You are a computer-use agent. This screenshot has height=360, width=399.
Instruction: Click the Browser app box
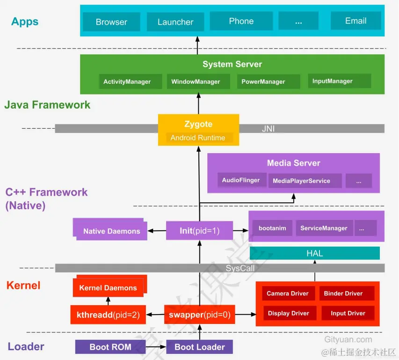pyautogui.click(x=111, y=22)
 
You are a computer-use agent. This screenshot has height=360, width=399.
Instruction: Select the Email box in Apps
pyautogui.click(x=355, y=21)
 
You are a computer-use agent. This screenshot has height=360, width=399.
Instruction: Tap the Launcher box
pyautogui.click(x=175, y=22)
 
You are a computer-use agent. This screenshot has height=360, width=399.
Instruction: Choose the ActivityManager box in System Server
pyautogui.click(x=127, y=81)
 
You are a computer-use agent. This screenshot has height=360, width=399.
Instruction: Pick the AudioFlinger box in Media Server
pyautogui.click(x=241, y=180)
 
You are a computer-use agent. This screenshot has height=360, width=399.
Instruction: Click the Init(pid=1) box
pyautogui.click(x=199, y=230)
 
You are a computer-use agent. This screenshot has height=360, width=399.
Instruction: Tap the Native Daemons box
pyautogui.click(x=111, y=231)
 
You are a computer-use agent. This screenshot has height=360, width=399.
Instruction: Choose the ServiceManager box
pyautogui.click(x=324, y=228)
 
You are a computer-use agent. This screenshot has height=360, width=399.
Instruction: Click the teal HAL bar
pyautogui.click(x=314, y=253)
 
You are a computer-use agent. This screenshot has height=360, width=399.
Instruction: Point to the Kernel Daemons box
pyautogui.click(x=108, y=287)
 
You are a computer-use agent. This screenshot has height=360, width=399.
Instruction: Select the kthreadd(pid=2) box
pyautogui.click(x=108, y=315)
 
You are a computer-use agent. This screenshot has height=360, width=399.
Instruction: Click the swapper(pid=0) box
pyautogui.click(x=199, y=315)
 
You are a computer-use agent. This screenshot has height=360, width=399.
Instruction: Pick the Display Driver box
pyautogui.click(x=289, y=313)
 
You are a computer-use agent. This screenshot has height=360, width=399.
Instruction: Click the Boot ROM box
pyautogui.click(x=110, y=347)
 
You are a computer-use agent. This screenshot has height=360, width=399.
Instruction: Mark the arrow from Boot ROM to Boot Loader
pyautogui.click(x=156, y=347)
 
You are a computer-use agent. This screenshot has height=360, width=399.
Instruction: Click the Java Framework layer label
pyautogui.click(x=47, y=105)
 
